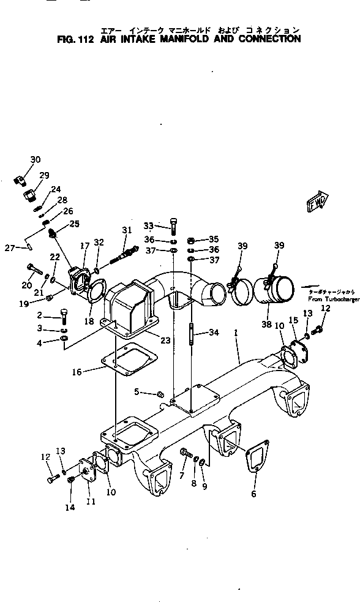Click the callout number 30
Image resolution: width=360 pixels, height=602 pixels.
click(x=36, y=160)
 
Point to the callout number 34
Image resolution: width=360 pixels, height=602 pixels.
click(x=213, y=333)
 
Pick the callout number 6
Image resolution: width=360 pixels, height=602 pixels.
click(x=253, y=494)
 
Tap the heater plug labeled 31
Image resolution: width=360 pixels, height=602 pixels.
click(x=125, y=252)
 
